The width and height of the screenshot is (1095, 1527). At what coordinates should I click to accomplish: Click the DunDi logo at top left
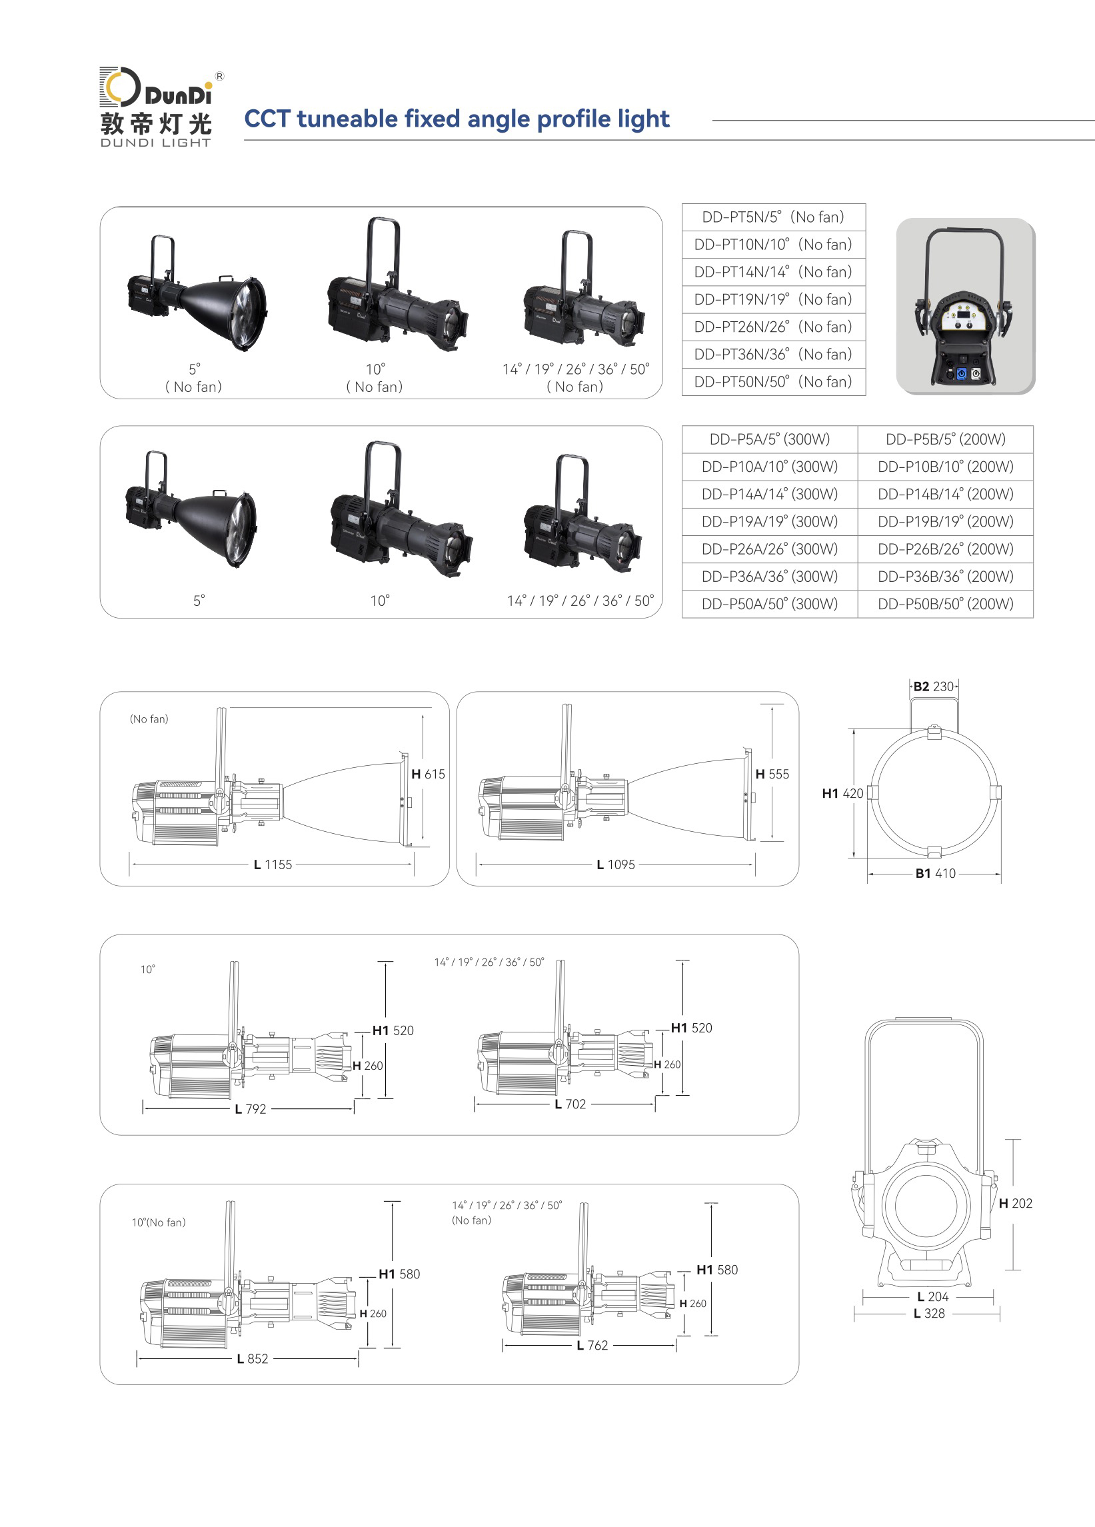point(156,107)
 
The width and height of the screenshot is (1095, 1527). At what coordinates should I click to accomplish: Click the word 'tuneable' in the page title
point(347,119)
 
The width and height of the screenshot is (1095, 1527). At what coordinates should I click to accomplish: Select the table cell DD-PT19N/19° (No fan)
point(773,299)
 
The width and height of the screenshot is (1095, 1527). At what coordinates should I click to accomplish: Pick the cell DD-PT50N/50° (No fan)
point(773,382)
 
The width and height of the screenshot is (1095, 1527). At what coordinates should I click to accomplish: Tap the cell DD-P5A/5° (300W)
point(770,440)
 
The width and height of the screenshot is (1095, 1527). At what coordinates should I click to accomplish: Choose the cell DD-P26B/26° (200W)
point(946,549)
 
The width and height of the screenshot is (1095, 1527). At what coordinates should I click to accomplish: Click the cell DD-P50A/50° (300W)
point(770,604)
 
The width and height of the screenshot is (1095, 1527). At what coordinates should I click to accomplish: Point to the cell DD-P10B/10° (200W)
point(946,467)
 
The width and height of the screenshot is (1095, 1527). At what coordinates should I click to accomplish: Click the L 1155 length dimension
point(273,864)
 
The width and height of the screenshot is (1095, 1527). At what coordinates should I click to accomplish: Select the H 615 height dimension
point(428,774)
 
